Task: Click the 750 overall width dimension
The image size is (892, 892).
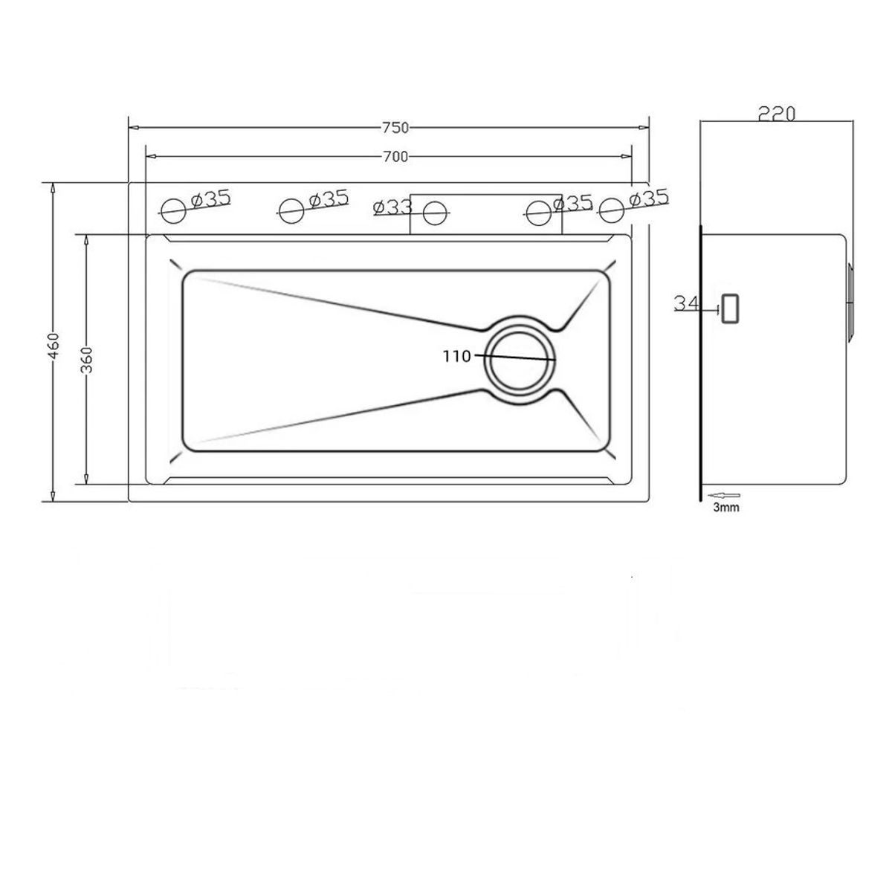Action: (395, 127)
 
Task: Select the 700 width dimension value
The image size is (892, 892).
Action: (395, 157)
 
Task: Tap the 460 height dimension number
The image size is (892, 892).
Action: (54, 346)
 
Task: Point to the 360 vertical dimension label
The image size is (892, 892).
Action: (86, 359)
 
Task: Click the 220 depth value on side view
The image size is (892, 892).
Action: (776, 114)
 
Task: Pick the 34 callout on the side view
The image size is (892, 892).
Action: (686, 303)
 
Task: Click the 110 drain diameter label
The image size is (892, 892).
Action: (456, 356)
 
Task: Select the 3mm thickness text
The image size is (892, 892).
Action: (725, 508)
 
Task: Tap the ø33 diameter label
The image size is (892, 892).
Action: (392, 207)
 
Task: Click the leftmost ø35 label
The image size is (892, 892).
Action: (210, 199)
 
